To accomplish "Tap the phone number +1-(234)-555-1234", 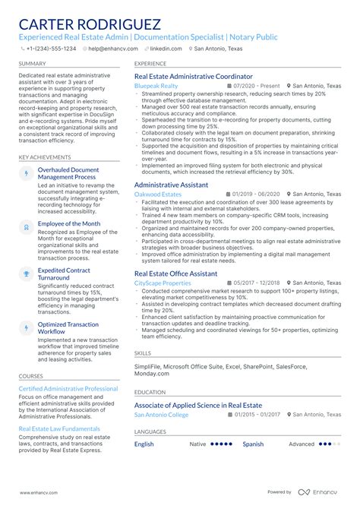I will (50, 48).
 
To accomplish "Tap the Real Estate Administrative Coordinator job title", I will (193, 77).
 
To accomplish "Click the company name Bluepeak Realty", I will (156, 87).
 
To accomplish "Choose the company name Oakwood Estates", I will (158, 194).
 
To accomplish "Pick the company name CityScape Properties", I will (163, 283).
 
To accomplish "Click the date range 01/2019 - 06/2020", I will (256, 194).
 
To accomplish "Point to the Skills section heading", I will (143, 353).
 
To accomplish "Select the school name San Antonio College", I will (162, 415).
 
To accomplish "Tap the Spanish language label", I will (253, 444).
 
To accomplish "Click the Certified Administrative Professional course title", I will (68, 388).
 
